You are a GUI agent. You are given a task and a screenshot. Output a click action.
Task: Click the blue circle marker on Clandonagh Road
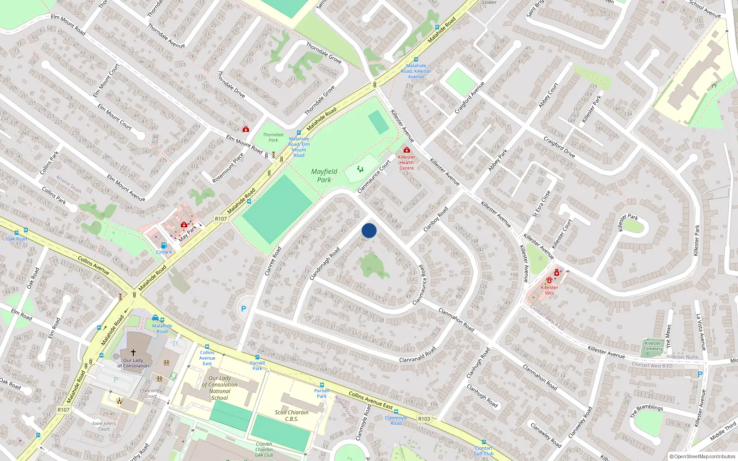(x=369, y=230)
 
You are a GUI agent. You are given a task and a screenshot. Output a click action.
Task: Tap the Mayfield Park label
(x=324, y=175)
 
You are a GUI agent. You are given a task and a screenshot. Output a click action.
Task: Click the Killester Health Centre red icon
(x=406, y=150)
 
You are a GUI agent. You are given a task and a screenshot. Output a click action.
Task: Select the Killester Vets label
(x=549, y=290)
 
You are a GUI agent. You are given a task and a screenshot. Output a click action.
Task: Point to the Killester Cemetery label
(x=653, y=346)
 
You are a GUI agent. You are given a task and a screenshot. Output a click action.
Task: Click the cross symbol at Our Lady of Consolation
(x=133, y=353)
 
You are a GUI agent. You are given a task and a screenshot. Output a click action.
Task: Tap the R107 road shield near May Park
(x=221, y=219)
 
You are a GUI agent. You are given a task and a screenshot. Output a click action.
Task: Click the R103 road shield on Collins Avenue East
(x=424, y=419)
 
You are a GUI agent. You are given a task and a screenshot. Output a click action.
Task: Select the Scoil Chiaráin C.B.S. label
(x=292, y=415)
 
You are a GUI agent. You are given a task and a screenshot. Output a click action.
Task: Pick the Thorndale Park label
(x=273, y=137)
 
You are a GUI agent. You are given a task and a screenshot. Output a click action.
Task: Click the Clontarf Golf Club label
(x=484, y=451)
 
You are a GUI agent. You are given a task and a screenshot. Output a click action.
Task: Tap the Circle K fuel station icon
(x=164, y=246)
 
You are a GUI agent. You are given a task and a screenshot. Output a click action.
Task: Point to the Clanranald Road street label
(x=417, y=355)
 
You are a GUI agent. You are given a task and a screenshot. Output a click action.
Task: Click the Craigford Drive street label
(x=559, y=147)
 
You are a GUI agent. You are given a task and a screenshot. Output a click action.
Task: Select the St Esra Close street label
(x=542, y=203)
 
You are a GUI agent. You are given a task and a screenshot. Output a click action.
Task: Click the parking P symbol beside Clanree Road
(x=244, y=309)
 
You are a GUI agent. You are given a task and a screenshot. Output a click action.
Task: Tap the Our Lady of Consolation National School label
(x=220, y=388)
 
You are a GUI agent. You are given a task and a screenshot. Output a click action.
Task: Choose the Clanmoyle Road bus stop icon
(x=396, y=412)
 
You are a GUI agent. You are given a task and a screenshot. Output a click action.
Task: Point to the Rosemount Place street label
(x=228, y=168)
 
